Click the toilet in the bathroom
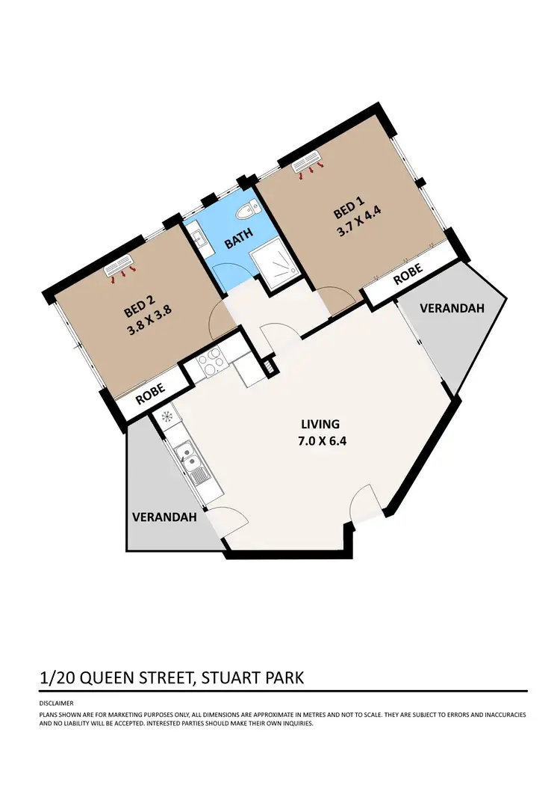pos(244,213)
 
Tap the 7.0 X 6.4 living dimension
pos(321,440)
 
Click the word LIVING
pos(321,424)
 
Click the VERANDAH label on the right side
pos(452,308)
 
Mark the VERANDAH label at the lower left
pos(164,517)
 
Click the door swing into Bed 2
pos(220,319)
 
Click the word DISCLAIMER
pos(57,704)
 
